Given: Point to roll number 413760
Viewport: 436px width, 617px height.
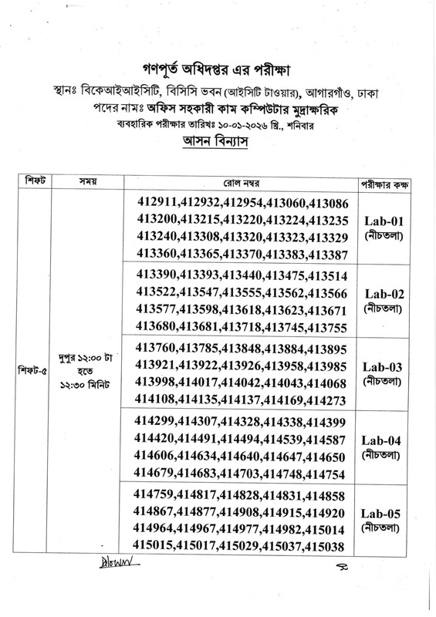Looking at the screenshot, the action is (x=159, y=349).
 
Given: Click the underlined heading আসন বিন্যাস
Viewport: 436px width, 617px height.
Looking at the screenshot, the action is (x=218, y=141).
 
